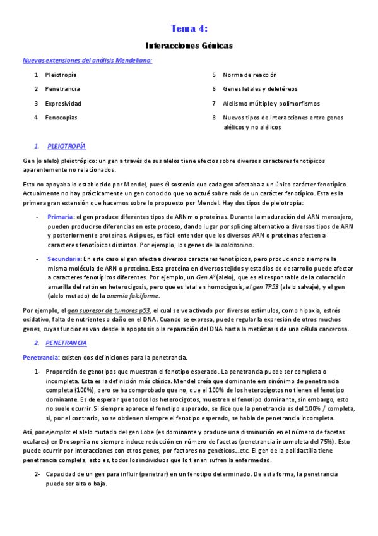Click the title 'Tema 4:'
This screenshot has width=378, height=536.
pos(189,28)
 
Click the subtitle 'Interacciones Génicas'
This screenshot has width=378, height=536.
pos(189,46)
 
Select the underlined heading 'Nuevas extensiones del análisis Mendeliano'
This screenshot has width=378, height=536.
pos(87,61)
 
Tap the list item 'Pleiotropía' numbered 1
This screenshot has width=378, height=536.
pos(61,75)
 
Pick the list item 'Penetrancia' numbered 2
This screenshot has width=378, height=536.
pos(62,89)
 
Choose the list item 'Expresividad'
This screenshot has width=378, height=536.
pos(63,103)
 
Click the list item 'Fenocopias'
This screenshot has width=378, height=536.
pos(61,117)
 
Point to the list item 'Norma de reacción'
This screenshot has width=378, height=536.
pos(249,75)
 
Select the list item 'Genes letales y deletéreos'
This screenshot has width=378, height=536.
pos(260,89)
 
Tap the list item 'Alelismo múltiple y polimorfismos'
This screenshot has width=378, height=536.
pos(271,103)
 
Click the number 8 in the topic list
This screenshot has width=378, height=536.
pos(215,117)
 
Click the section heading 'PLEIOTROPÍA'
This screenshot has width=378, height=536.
pos(66,146)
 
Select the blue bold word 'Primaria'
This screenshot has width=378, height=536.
pos(60,217)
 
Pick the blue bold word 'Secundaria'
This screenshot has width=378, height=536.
pos(63,259)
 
